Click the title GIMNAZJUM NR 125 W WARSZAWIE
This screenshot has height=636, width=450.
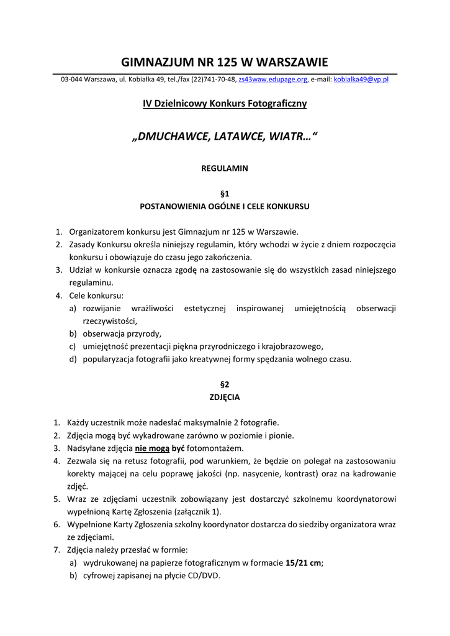225,62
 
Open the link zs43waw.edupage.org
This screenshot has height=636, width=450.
273,80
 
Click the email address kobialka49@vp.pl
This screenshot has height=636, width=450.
361,80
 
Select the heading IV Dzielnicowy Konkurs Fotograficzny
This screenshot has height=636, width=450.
225,103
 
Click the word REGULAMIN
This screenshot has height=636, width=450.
225,168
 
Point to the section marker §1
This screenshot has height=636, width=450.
225,194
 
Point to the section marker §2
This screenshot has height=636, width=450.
225,384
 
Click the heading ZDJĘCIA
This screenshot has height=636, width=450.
225,397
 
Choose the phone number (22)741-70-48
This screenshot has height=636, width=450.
214,80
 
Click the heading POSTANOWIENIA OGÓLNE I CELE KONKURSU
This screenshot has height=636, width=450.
225,206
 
